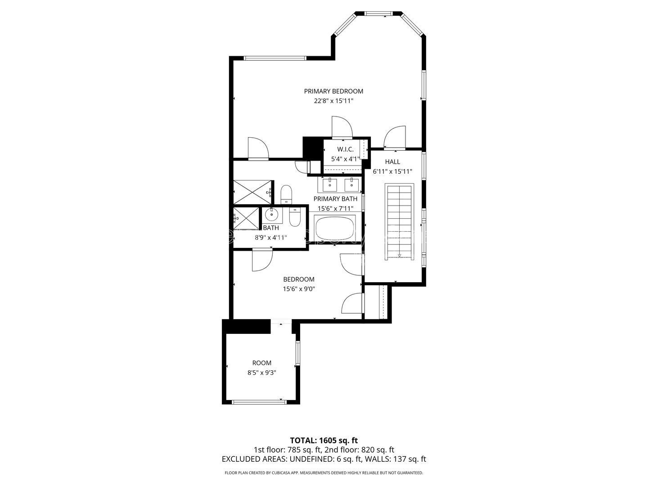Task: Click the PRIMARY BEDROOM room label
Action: [x=333, y=91]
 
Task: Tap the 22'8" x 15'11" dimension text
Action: [x=333, y=101]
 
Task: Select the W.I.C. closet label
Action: [x=346, y=149]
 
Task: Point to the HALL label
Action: [x=393, y=162]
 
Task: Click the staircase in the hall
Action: [x=400, y=221]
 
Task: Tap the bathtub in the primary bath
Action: [x=335, y=229]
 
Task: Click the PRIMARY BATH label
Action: [x=335, y=199]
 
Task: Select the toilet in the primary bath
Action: [x=286, y=194]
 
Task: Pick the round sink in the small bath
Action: [x=271, y=215]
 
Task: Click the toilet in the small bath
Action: [x=295, y=217]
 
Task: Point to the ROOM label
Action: [x=262, y=363]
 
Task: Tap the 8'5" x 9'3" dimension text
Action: [x=262, y=373]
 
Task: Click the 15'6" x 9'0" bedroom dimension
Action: [x=299, y=289]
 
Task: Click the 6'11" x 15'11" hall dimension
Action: [x=393, y=171]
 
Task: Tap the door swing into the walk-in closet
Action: [x=342, y=127]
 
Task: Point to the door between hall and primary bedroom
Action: [x=395, y=137]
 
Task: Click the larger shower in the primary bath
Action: [x=252, y=192]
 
